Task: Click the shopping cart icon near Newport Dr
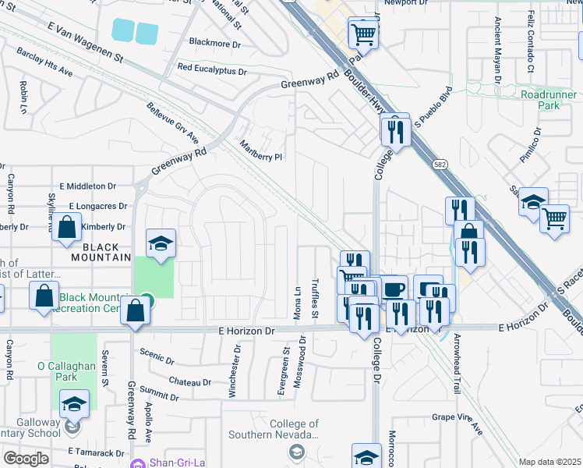pos(362,34)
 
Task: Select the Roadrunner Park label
pos(540,99)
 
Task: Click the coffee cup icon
pos(394,289)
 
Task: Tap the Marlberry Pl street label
pos(260,150)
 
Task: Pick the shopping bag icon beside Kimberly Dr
pos(68,229)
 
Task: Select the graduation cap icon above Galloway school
pos(74,404)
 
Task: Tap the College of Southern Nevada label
pos(274,429)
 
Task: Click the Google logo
pos(26,458)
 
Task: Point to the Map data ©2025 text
pos(549,462)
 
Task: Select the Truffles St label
pos(316,299)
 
